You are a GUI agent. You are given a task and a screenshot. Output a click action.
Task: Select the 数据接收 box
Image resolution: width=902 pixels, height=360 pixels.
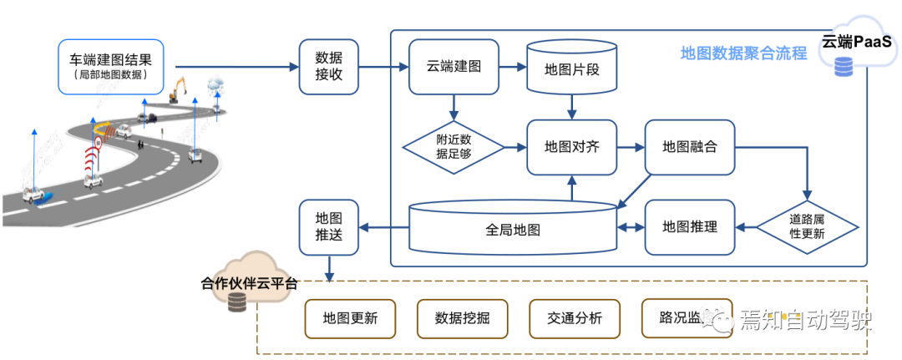[x=328, y=68]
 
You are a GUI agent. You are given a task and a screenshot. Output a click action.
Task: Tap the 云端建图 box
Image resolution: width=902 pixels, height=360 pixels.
[x=454, y=68]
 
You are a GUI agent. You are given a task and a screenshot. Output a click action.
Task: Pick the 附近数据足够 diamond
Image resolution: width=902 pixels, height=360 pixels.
[x=454, y=148]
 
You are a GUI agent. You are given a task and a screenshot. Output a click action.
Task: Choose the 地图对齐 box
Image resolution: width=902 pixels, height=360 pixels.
[x=571, y=147]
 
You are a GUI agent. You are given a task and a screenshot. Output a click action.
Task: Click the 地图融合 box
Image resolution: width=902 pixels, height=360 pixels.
[x=690, y=147]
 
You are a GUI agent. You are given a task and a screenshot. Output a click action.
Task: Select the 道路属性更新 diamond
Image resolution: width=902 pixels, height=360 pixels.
[x=807, y=226]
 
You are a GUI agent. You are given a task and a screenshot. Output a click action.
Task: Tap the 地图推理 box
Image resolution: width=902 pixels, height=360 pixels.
[x=690, y=226]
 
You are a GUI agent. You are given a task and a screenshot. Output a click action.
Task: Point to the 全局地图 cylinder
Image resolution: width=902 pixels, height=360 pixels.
[x=512, y=228]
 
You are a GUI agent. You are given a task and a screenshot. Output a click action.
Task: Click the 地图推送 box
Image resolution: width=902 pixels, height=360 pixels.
[x=328, y=226]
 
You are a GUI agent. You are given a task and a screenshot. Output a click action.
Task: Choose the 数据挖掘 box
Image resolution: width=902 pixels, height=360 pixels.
[x=462, y=318]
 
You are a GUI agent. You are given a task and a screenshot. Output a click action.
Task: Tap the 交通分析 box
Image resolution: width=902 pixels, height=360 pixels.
[x=575, y=318]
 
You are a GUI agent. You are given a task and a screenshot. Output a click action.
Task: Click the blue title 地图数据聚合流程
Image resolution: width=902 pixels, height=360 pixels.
[x=743, y=53]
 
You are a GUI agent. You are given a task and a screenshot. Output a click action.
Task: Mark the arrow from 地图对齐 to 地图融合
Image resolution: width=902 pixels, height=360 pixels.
[x=631, y=147]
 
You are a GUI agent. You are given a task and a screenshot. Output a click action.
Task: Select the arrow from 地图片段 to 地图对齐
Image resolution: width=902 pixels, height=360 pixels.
[x=571, y=107]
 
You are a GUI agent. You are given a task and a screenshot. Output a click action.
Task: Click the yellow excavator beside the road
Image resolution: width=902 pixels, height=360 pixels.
[x=177, y=89]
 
